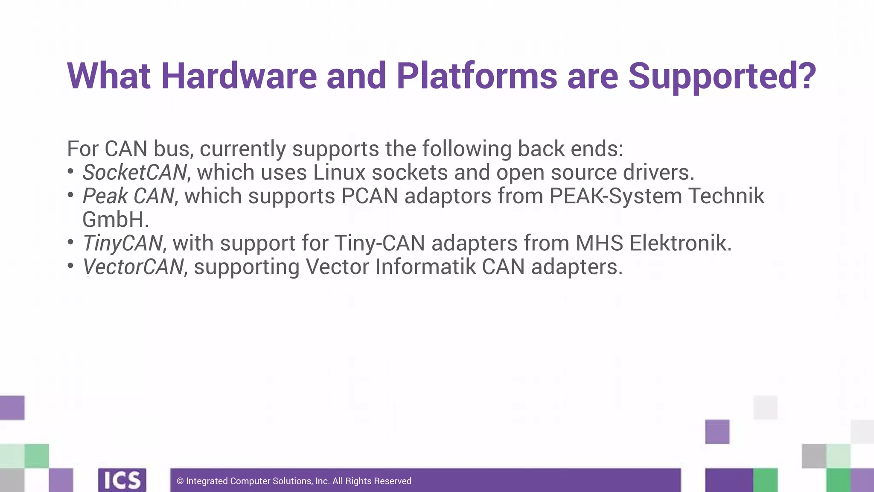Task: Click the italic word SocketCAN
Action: tap(134, 173)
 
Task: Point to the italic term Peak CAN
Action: tap(128, 196)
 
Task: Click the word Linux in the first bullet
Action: tap(339, 173)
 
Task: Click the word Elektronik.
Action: tap(680, 243)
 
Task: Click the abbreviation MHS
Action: tap(599, 243)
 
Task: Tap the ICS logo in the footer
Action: tap(122, 480)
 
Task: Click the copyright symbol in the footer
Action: tap(180, 481)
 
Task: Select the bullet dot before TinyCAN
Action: tap(71, 243)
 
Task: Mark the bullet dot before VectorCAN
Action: tap(71, 266)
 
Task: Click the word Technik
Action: tap(726, 196)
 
